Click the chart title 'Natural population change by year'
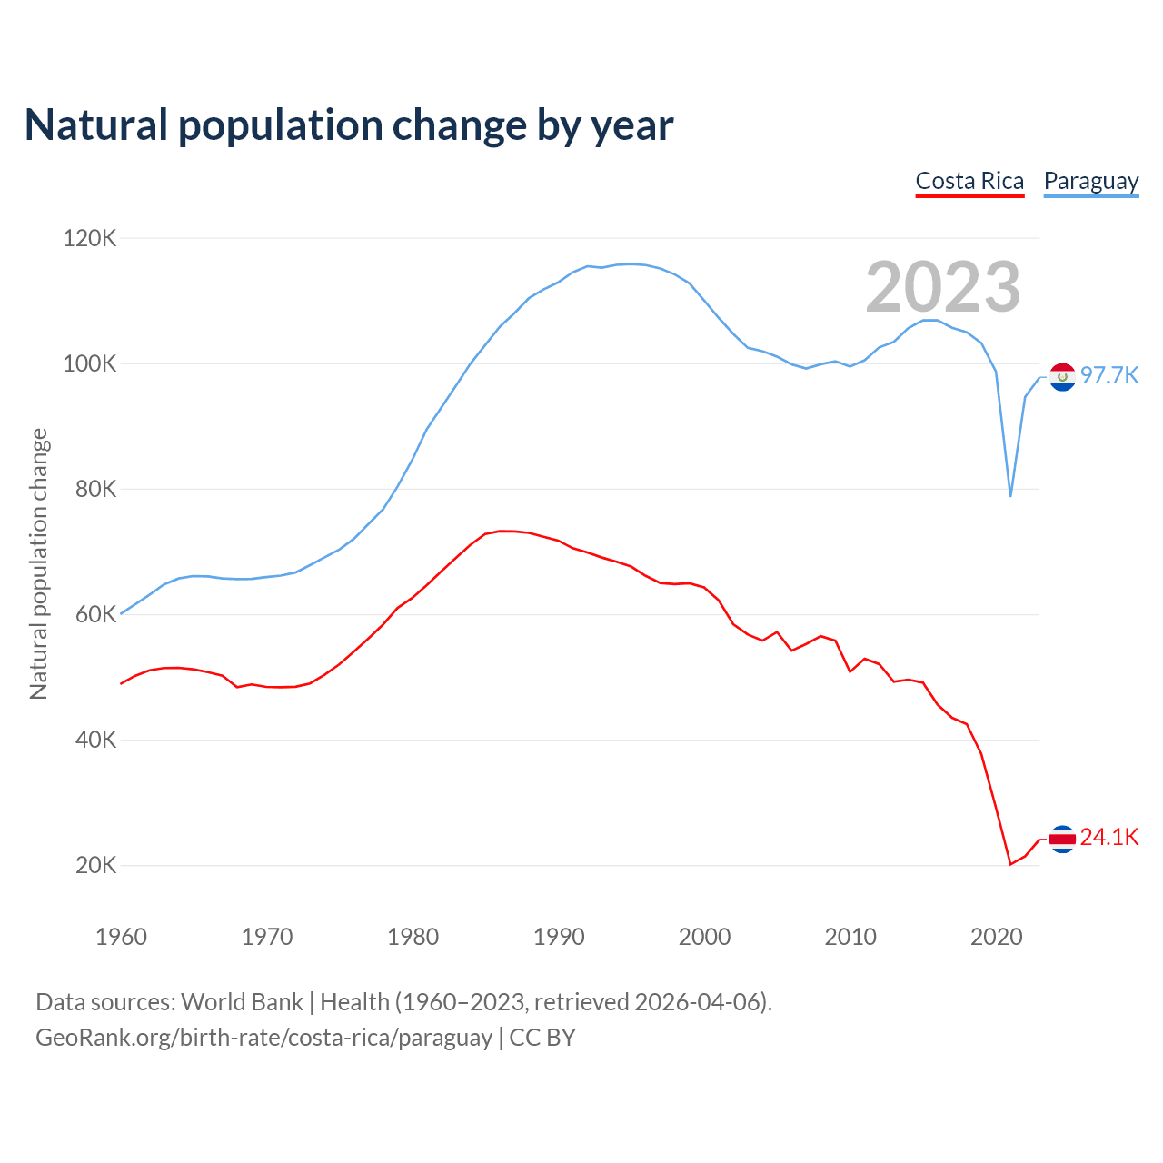349,125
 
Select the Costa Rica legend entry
969,181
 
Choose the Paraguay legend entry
1091,181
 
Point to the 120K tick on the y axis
90,238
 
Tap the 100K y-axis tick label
90,363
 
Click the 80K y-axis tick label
95,489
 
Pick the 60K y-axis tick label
95,614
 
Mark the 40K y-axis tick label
95,740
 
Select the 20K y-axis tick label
95,865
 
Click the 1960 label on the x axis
121,937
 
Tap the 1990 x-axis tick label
559,937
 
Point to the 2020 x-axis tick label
997,937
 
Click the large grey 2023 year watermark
942,287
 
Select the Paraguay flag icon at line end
1062,376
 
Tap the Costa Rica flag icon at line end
1062,839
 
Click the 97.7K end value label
1109,376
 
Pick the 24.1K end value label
1109,838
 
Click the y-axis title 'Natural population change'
39,563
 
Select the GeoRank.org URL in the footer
263,1038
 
